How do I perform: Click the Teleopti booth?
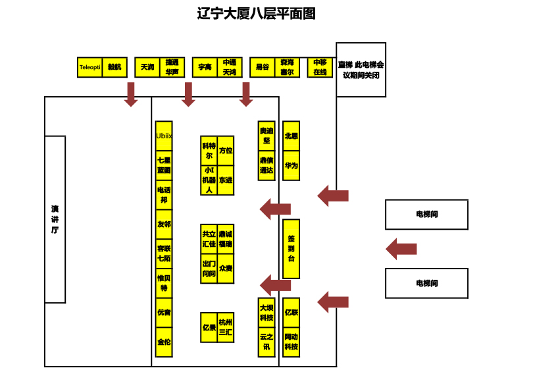point(90,67)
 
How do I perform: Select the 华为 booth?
point(291,166)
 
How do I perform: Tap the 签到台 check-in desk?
point(291,249)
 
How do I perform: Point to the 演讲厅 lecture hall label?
point(55,219)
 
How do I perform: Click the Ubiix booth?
point(164,136)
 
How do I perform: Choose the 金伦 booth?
point(164,342)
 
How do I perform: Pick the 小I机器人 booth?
point(209,180)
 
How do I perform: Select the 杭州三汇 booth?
point(226,327)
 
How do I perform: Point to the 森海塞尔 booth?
point(287,67)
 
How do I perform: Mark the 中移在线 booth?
point(320,67)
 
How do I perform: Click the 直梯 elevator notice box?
point(361,70)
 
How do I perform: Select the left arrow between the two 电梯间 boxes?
point(401,250)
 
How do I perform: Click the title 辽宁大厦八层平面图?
point(257,14)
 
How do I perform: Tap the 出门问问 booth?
point(209,269)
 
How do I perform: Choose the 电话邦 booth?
point(164,195)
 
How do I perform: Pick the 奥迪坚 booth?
point(266,136)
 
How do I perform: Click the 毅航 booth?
point(115,67)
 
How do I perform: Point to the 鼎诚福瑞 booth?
point(226,239)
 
